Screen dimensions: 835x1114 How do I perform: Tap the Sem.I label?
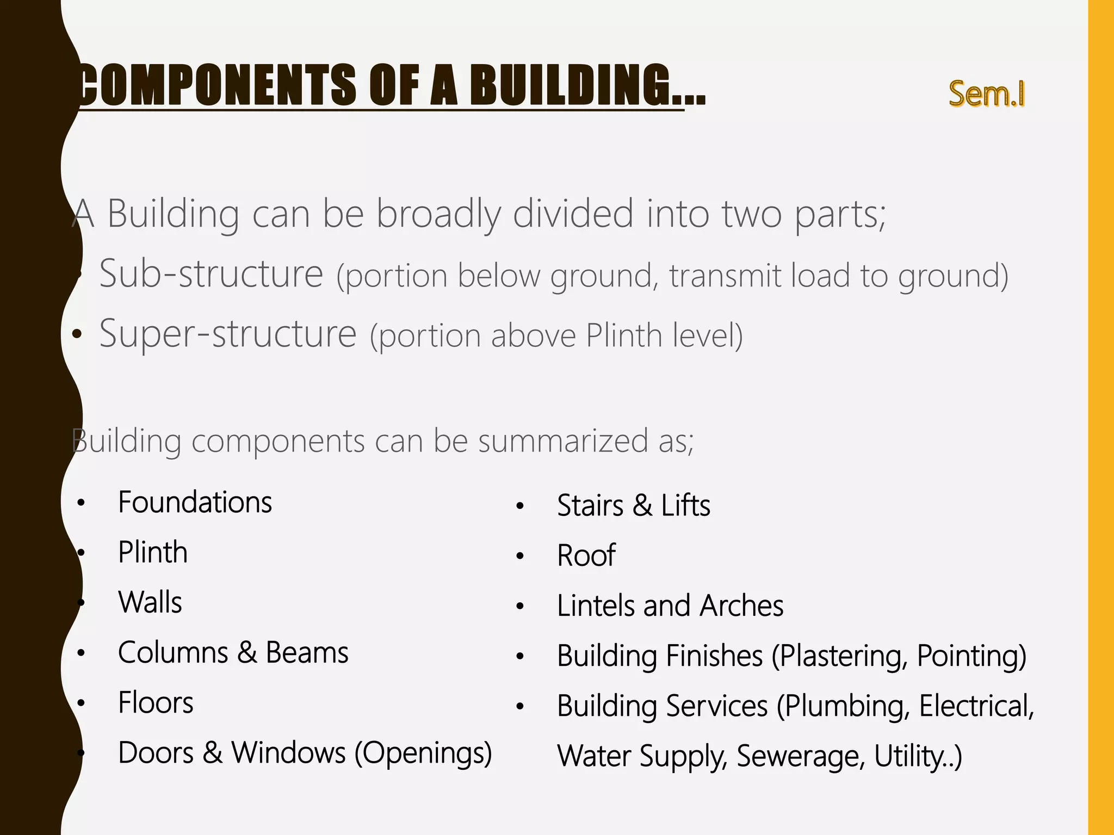click(987, 94)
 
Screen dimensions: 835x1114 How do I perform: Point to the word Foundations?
click(195, 502)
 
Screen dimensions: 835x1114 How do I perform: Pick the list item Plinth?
click(153, 552)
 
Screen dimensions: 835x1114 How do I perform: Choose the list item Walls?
click(150, 602)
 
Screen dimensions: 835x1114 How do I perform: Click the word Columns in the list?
click(173, 652)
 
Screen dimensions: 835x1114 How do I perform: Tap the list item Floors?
click(156, 702)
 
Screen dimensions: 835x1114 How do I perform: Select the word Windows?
click(288, 753)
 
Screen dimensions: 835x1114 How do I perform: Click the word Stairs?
click(590, 506)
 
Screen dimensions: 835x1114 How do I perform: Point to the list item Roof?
click(586, 556)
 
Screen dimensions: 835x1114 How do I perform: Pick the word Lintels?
click(596, 606)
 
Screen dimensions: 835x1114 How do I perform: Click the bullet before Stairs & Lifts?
click(520, 507)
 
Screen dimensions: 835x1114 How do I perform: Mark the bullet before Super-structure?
click(78, 334)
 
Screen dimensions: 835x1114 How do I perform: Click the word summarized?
click(563, 440)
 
